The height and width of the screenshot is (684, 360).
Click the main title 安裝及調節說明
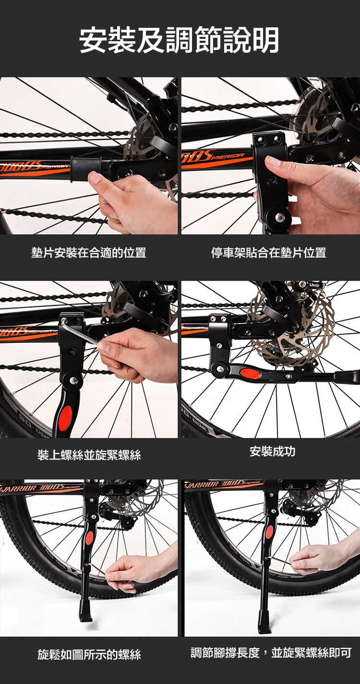click(179, 40)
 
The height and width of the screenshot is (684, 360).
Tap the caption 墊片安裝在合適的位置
click(89, 253)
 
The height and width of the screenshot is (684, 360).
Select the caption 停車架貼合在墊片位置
click(269, 253)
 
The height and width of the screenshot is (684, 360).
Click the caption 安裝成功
click(272, 451)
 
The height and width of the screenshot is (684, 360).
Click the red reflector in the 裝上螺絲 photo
click(65, 418)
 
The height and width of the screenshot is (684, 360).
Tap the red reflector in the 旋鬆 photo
click(89, 538)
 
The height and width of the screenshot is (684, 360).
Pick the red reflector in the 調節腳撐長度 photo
click(269, 531)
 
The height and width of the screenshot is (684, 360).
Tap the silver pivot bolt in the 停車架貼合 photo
click(279, 217)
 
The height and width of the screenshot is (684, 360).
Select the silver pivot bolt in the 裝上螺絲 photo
click(73, 380)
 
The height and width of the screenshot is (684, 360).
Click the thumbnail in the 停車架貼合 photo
click(274, 161)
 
